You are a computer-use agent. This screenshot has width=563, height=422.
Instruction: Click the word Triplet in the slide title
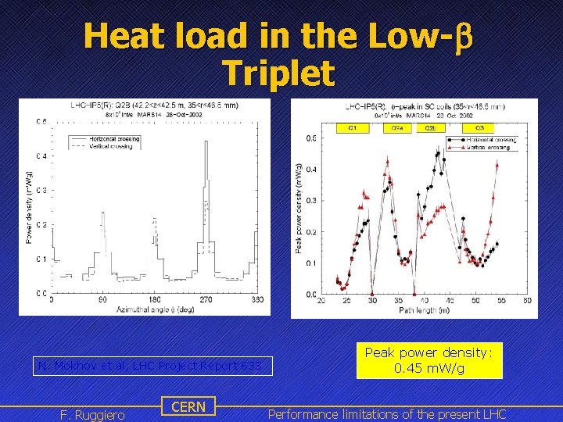pos(278,74)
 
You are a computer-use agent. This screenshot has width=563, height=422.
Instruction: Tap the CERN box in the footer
pos(188,406)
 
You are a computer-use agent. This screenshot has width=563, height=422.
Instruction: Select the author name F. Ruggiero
pos(92,414)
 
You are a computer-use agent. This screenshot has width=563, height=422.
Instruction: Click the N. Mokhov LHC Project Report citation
pos(155,366)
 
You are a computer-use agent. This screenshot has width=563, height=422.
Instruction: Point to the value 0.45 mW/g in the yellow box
pos(429,368)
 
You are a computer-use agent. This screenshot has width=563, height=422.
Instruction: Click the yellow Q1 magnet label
pos(352,128)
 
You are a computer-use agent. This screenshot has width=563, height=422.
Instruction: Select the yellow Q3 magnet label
pos(479,128)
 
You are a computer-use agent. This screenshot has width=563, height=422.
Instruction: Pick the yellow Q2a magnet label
pos(397,128)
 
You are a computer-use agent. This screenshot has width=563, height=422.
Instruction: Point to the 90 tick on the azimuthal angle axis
pos(102,299)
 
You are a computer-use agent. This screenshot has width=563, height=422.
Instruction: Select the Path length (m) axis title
pos(424,310)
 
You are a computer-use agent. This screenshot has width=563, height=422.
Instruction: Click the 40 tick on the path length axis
pos(423,301)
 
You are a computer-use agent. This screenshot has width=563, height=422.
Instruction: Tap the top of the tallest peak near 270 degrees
pos(206,141)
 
